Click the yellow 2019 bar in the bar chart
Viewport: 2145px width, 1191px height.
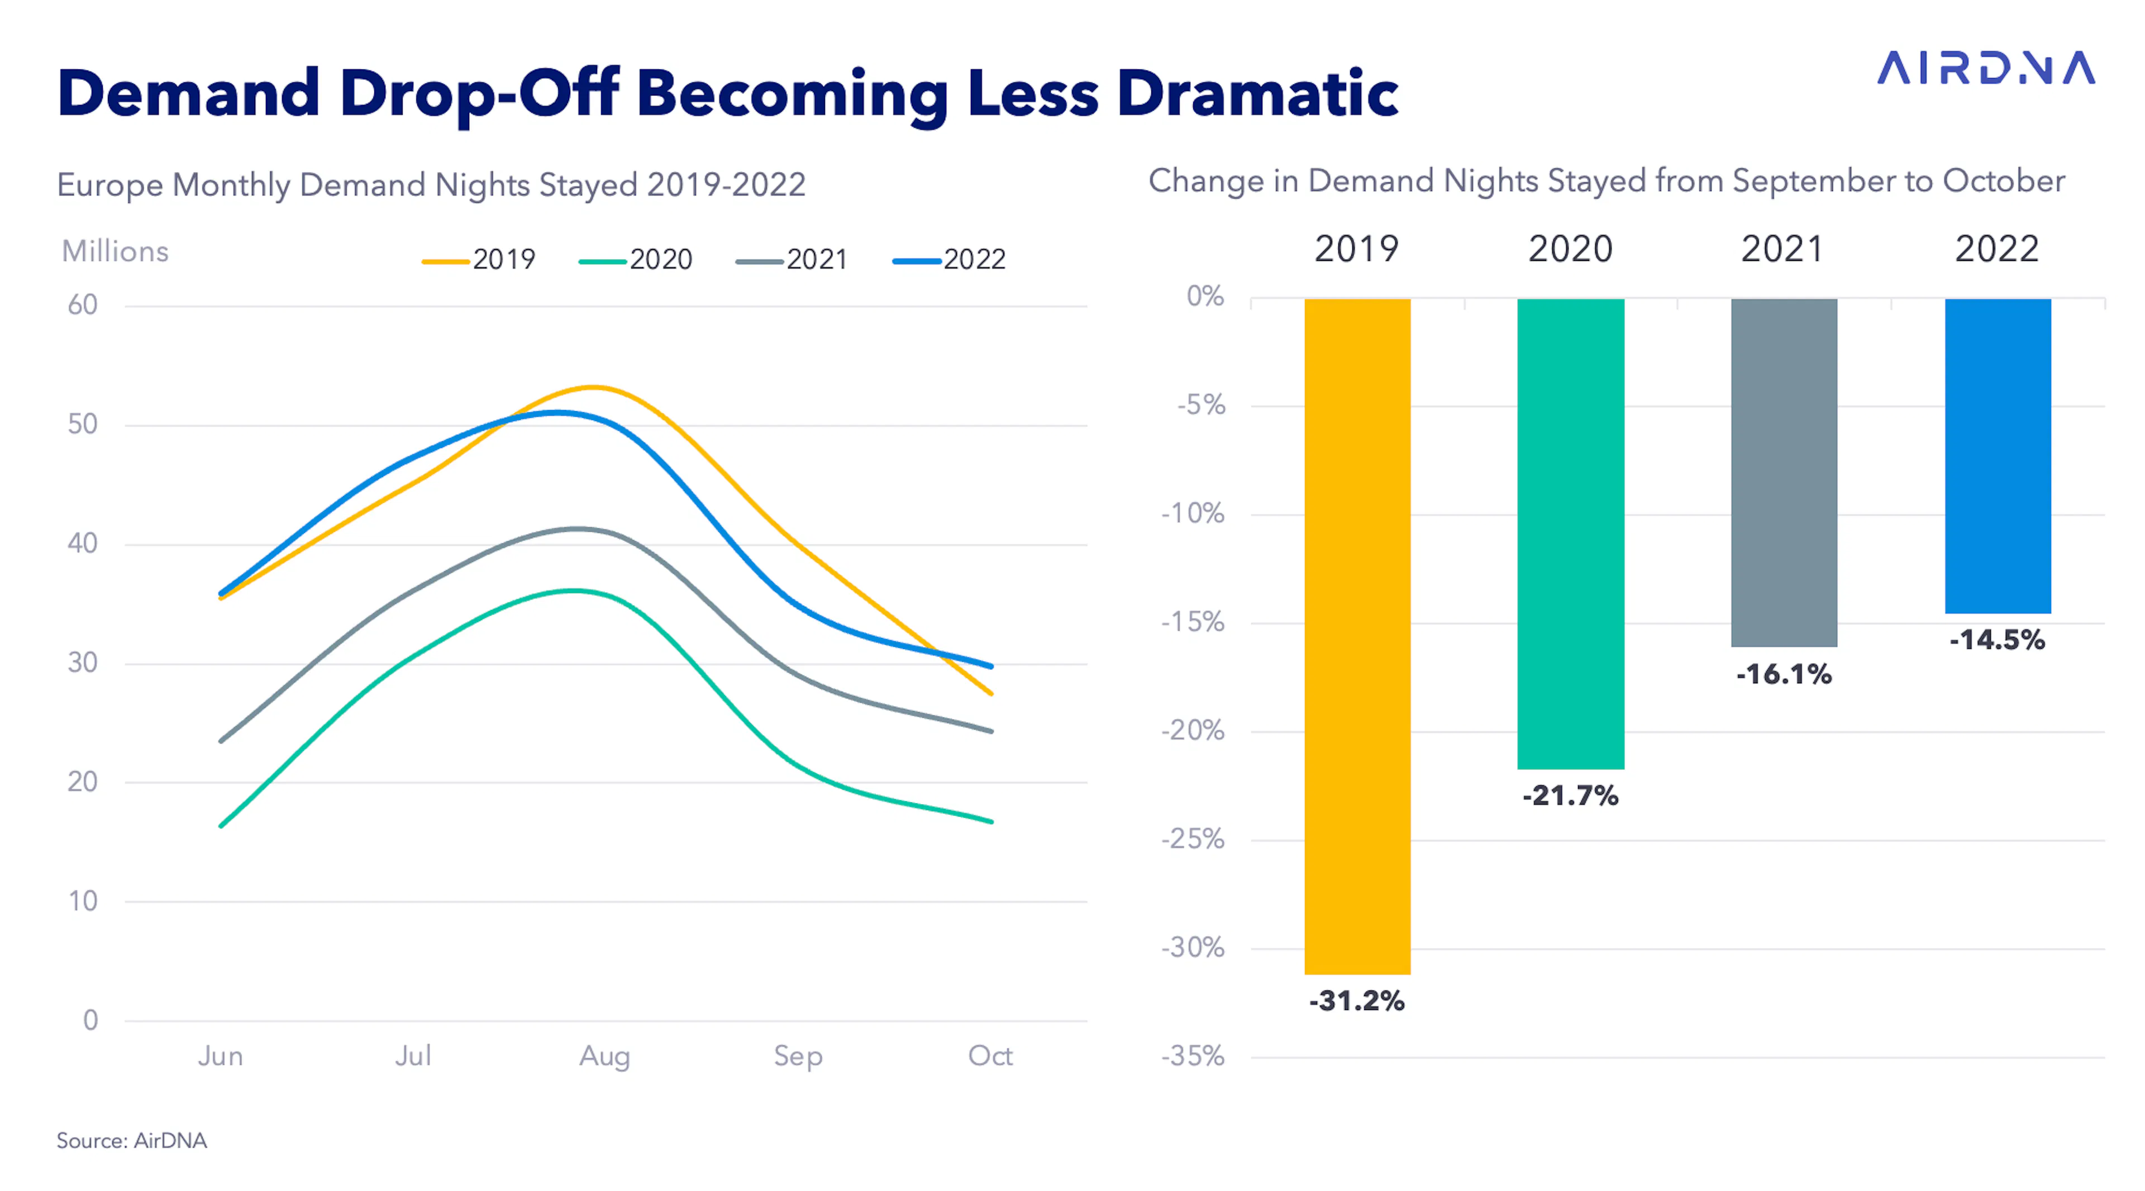pyautogui.click(x=1357, y=636)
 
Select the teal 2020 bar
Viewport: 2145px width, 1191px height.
pyautogui.click(x=1570, y=534)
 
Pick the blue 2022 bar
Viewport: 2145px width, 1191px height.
pyautogui.click(x=1998, y=456)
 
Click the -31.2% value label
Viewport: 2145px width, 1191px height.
pyautogui.click(x=1357, y=1001)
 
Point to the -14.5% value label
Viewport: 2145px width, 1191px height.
pyautogui.click(x=1998, y=640)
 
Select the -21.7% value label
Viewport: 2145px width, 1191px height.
pyautogui.click(x=1570, y=795)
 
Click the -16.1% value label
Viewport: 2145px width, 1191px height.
pyautogui.click(x=1784, y=674)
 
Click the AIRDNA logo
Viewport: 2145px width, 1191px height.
pyautogui.click(x=1986, y=68)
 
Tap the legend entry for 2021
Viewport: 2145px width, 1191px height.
pyautogui.click(x=792, y=260)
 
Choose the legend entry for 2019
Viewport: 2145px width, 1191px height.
pyautogui.click(x=479, y=260)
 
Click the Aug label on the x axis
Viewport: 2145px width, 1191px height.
pyautogui.click(x=604, y=1056)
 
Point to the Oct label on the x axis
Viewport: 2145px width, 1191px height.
pyautogui.click(x=990, y=1055)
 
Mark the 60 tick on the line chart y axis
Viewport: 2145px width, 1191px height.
pyautogui.click(x=83, y=305)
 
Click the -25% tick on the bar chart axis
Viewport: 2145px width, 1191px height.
pyautogui.click(x=1193, y=839)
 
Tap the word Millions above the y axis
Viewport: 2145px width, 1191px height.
pyautogui.click(x=115, y=251)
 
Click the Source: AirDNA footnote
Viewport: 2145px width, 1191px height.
pyautogui.click(x=132, y=1140)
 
